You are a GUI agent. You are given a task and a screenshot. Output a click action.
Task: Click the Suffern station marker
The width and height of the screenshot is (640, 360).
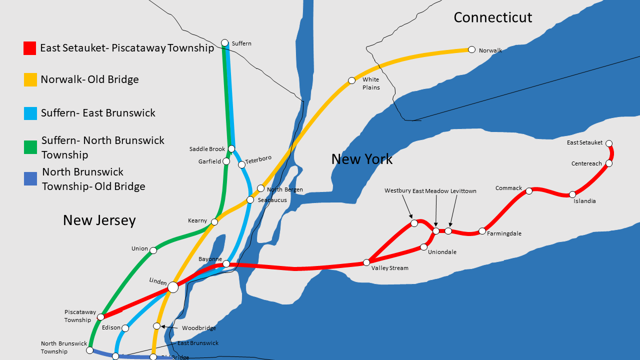[225, 43]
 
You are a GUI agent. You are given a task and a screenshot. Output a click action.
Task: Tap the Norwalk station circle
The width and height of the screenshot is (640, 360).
[471, 49]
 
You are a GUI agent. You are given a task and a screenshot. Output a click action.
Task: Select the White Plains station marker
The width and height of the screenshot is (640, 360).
[352, 80]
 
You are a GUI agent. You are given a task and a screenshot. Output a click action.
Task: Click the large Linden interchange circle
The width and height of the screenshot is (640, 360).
[173, 287]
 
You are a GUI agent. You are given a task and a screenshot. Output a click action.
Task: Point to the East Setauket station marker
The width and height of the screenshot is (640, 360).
[609, 143]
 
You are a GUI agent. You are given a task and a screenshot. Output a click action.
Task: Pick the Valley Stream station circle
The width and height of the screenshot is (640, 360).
[366, 262]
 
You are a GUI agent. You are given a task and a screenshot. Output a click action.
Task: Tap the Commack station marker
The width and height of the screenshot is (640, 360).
[529, 191]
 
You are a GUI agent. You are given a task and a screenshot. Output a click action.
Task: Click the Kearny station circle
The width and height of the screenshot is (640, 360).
[214, 222]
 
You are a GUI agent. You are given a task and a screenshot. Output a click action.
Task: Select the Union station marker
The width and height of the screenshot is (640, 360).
[153, 250]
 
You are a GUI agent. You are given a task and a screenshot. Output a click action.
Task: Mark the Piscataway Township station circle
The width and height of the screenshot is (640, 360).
[101, 317]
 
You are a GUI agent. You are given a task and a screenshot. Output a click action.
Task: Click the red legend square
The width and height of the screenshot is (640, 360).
[30, 48]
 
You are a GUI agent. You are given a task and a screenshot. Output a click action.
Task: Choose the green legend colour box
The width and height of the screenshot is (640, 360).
[30, 147]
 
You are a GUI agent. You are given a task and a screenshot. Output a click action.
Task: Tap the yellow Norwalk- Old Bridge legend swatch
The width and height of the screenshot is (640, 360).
[30, 80]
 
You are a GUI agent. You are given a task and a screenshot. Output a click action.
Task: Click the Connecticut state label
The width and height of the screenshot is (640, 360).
[492, 17]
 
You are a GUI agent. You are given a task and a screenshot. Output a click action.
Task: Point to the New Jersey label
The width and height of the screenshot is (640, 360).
[99, 220]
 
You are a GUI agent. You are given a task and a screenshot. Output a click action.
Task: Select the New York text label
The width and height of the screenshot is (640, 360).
[362, 159]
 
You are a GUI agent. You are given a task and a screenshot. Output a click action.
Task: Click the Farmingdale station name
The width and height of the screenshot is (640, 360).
[504, 233]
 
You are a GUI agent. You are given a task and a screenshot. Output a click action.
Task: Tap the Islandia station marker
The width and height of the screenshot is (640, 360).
[572, 194]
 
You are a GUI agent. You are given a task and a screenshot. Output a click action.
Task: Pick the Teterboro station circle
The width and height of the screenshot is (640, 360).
[242, 164]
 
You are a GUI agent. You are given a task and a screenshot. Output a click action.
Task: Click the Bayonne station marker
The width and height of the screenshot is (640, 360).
[226, 263]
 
